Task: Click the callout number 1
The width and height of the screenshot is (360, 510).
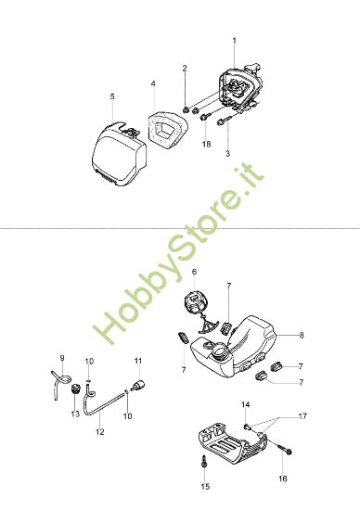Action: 235,41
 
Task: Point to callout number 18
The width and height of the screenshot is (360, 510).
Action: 206,144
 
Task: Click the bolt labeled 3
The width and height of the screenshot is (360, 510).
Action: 225,122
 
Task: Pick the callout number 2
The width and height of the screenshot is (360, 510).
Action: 185,69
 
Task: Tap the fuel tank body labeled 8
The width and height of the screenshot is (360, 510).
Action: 234,347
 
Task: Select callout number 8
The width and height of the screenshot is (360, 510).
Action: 302,335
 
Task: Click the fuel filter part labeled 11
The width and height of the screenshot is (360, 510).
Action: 137,385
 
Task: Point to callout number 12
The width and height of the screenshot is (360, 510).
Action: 100,431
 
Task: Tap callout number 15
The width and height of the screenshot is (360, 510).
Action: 205,487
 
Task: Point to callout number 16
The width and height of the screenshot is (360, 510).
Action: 283,478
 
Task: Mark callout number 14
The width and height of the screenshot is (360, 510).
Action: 246,404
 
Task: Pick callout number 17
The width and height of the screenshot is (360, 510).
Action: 302,416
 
